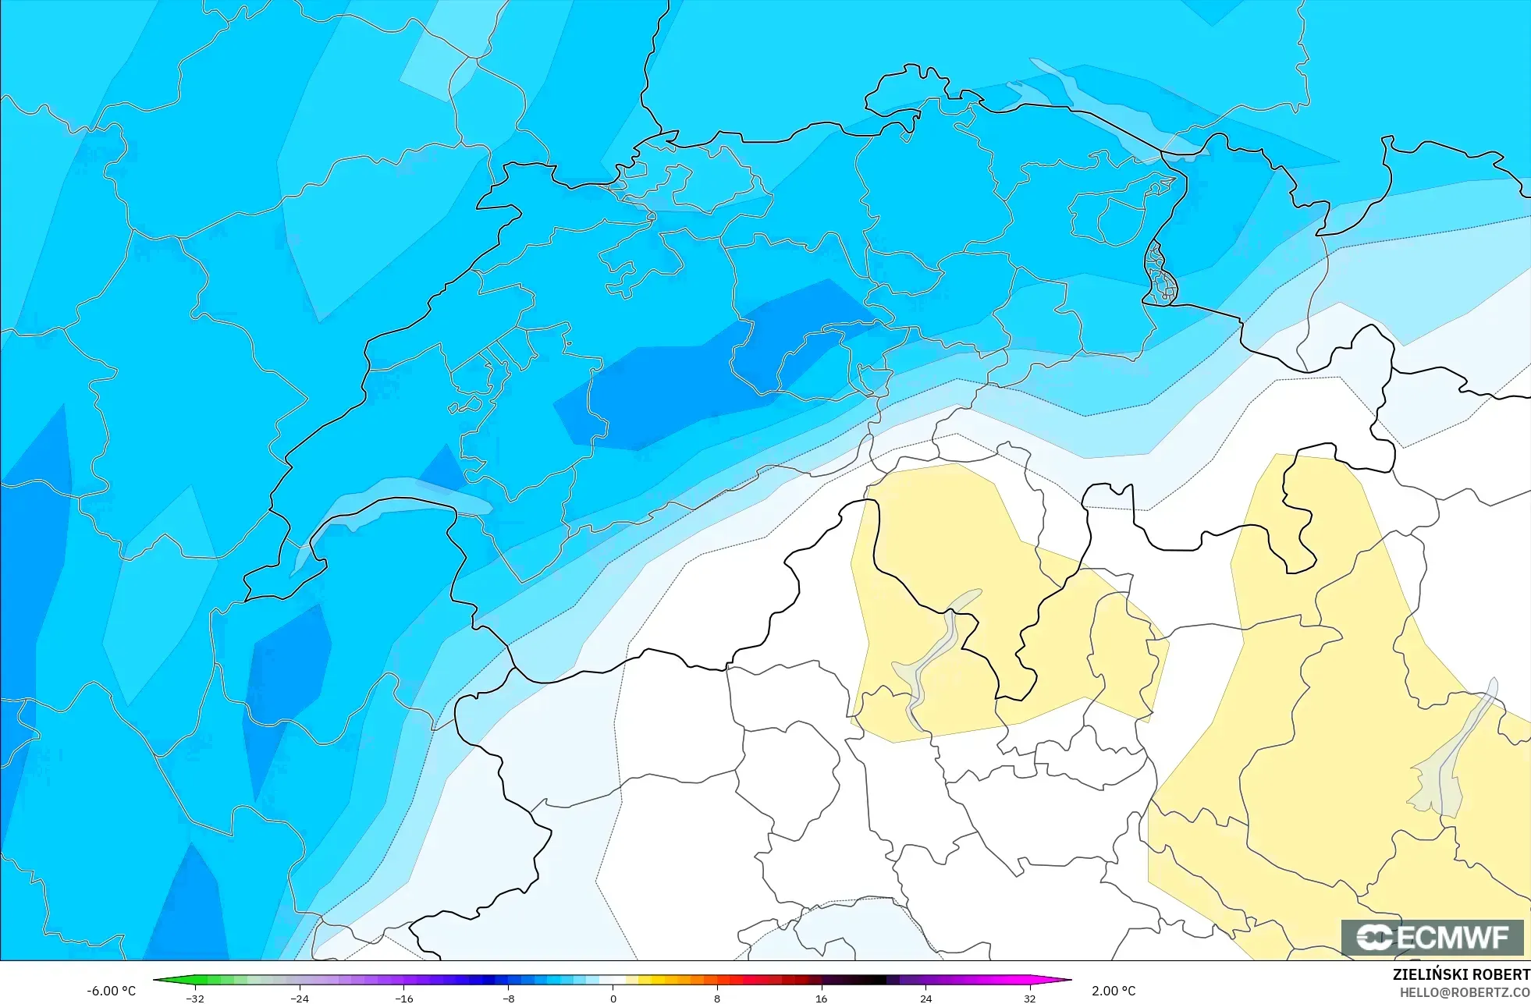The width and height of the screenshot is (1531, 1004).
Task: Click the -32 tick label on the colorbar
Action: point(195,999)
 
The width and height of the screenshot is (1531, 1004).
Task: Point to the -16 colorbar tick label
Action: point(403,999)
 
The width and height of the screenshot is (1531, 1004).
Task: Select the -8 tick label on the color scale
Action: point(508,999)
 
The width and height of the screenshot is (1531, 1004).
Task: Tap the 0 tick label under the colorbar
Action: point(613,999)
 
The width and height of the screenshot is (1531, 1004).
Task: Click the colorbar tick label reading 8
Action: point(716,999)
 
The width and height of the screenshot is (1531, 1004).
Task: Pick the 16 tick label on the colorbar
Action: point(821,999)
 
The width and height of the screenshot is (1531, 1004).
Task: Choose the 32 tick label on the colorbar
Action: point(1029,999)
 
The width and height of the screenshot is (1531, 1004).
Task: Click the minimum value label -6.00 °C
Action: point(111,991)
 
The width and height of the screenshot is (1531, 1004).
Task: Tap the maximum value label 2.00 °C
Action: point(1114,991)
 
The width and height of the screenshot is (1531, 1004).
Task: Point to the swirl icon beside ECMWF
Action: point(1374,938)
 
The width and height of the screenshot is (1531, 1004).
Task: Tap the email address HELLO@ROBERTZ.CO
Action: point(1465,992)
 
